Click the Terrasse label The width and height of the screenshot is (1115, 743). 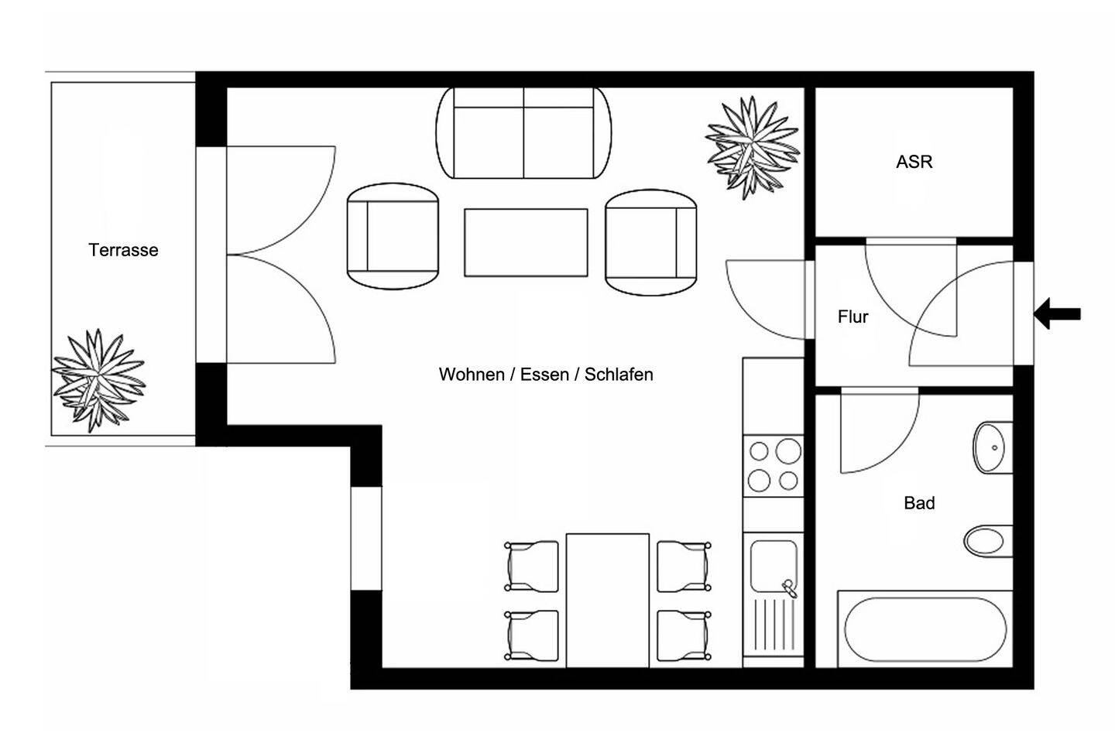[x=123, y=250]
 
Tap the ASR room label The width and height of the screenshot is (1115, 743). [x=914, y=162]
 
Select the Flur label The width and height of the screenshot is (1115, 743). [x=853, y=317]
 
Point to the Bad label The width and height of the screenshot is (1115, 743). [x=919, y=503]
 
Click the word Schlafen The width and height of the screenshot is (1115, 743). [x=619, y=375]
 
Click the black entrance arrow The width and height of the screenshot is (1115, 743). [x=1057, y=313]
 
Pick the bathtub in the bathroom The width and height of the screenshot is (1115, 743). [x=925, y=629]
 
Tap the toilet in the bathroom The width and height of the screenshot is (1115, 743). [x=988, y=540]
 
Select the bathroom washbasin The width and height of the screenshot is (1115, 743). [x=993, y=447]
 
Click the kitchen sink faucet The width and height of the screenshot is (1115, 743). [x=789, y=587]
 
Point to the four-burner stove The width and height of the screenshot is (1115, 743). [x=773, y=466]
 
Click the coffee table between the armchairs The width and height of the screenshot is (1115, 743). [x=526, y=242]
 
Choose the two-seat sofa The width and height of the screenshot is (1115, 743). [x=523, y=133]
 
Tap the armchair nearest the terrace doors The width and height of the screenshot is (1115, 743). [x=393, y=236]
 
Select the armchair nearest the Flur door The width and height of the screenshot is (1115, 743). [x=650, y=242]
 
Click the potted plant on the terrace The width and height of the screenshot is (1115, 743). [x=98, y=381]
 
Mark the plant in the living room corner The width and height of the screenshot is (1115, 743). [x=753, y=148]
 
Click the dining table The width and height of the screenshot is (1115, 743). [x=608, y=601]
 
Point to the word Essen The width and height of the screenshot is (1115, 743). [x=544, y=375]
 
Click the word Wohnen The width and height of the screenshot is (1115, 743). [x=472, y=375]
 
